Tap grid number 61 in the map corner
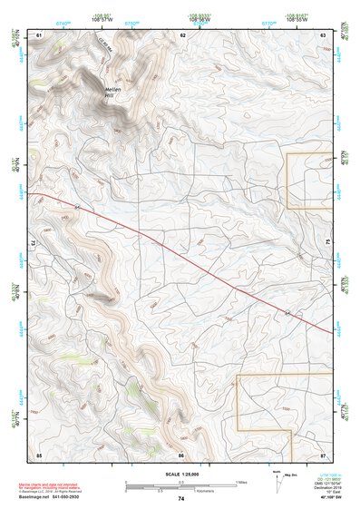(x=39, y=34)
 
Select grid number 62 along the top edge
(x=182, y=34)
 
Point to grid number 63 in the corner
(x=324, y=34)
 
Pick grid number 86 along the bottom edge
(x=181, y=454)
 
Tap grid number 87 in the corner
(x=324, y=454)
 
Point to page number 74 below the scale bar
(x=181, y=499)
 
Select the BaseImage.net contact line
(x=56, y=497)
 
